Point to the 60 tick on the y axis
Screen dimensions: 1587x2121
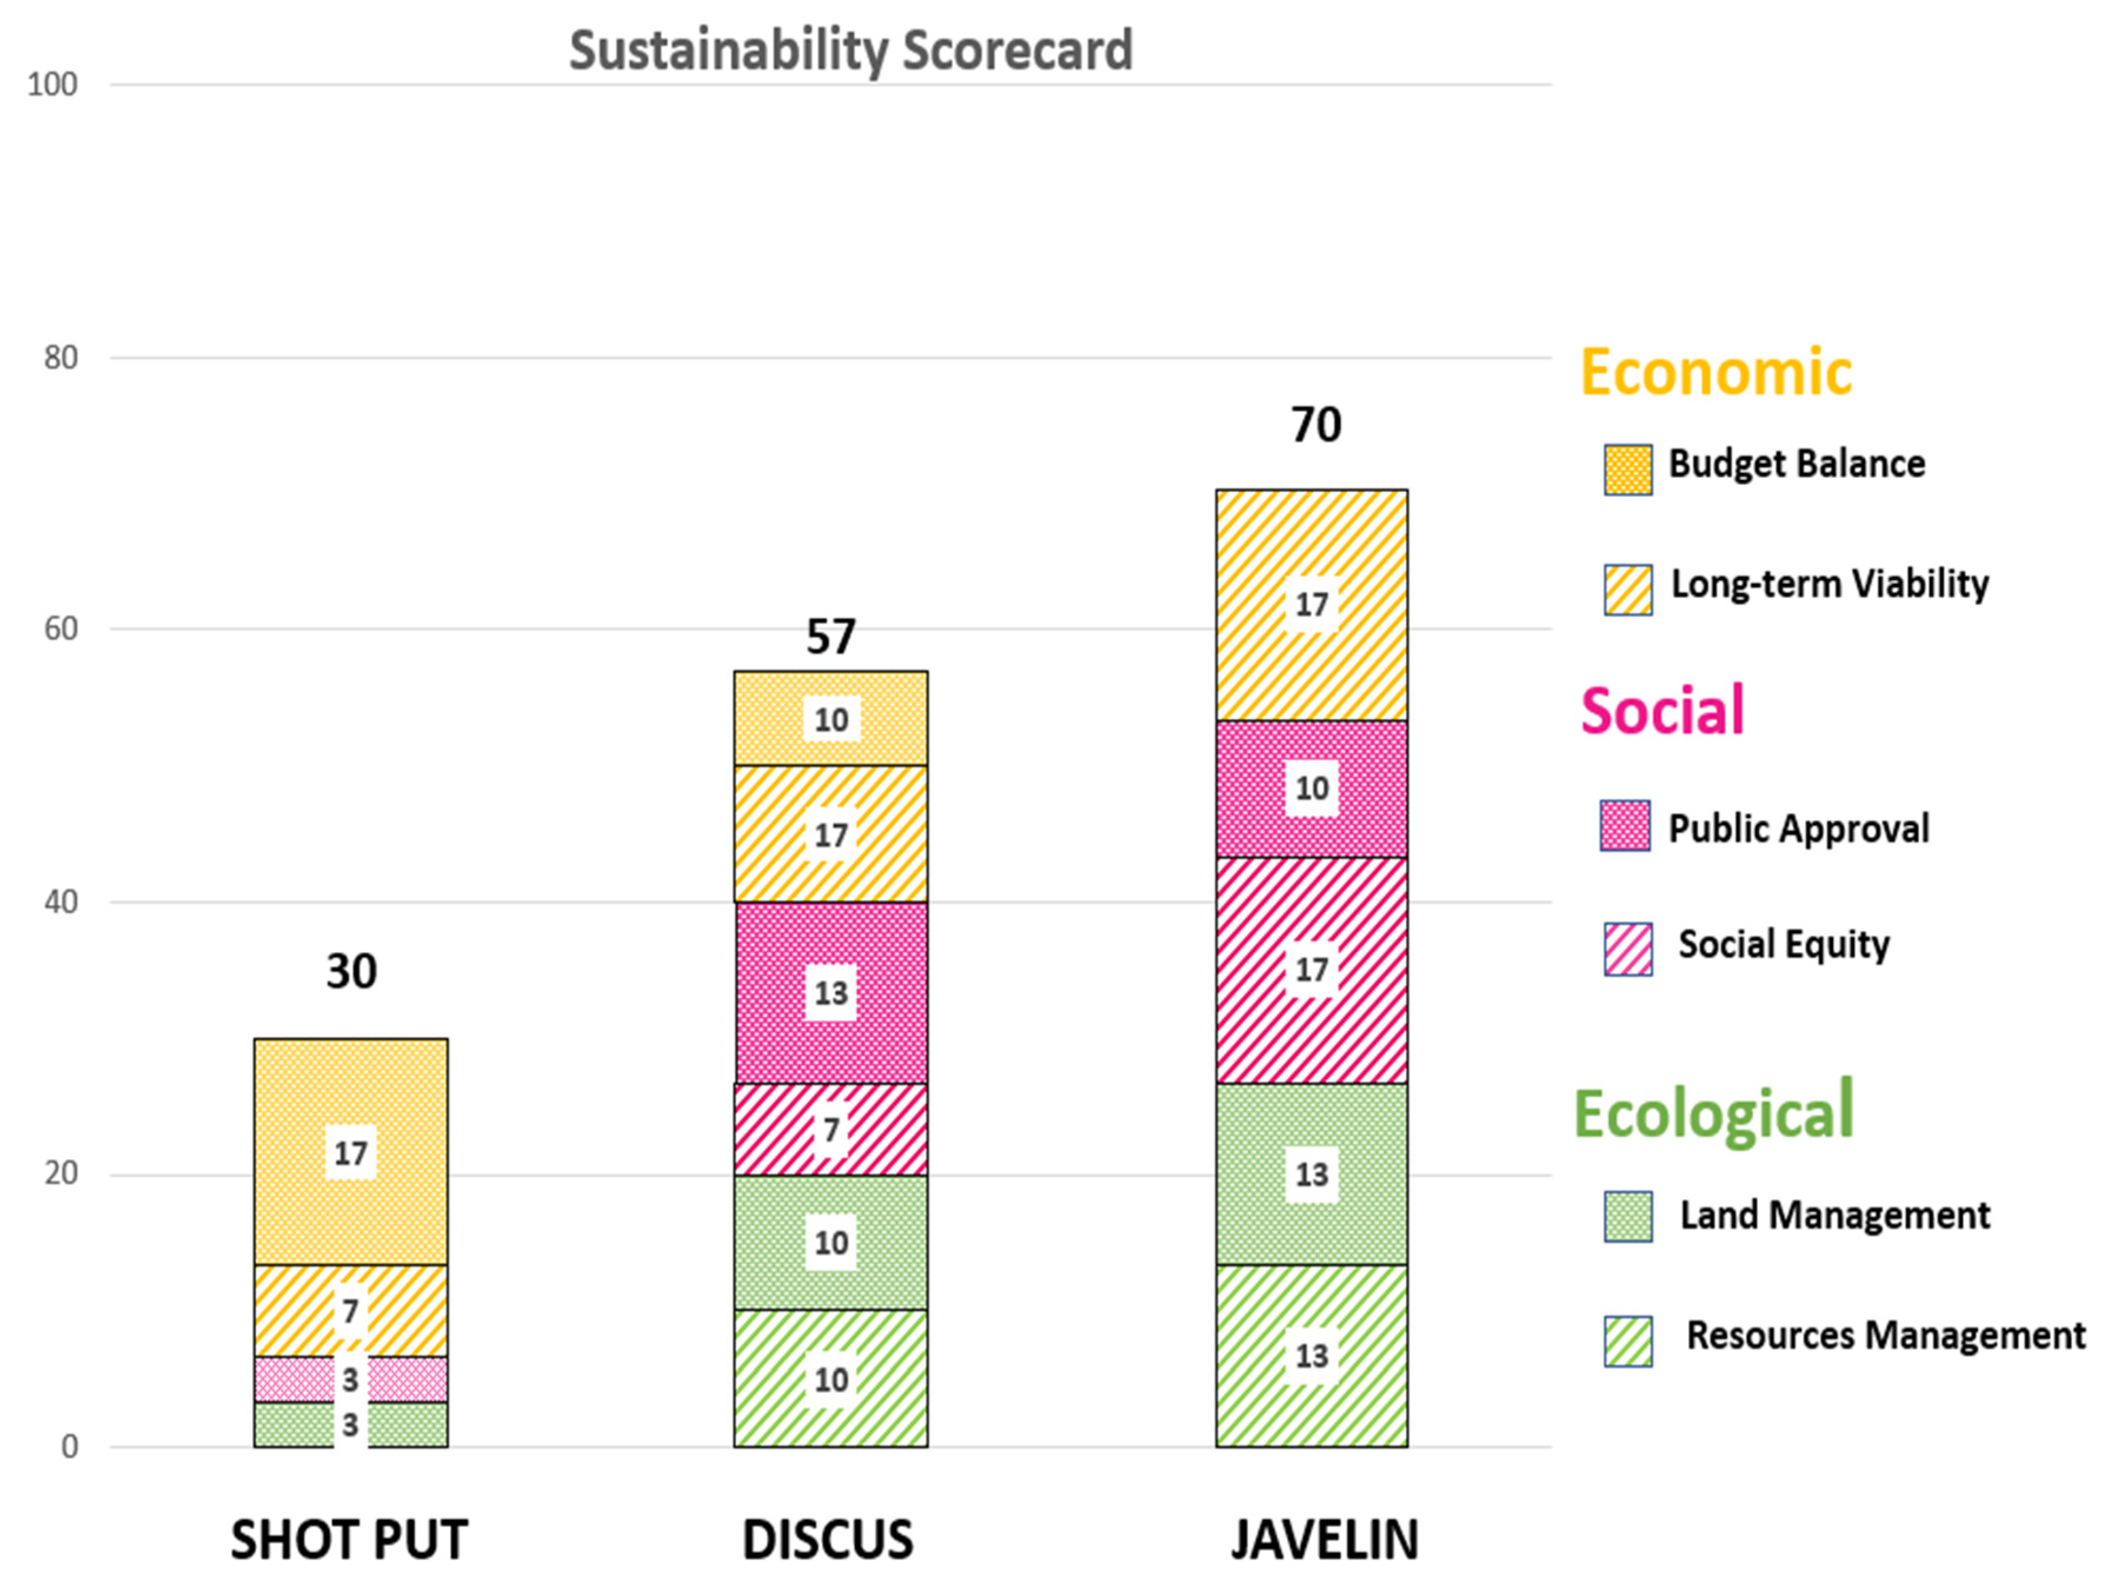61,629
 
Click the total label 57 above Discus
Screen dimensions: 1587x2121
830,637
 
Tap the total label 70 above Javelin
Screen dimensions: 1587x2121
1316,425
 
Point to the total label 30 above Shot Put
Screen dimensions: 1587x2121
351,972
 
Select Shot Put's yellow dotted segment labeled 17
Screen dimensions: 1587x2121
351,1152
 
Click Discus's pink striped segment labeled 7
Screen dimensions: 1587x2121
830,1130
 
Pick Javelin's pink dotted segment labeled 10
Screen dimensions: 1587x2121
1311,788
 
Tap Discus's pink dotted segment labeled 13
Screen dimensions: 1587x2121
830,993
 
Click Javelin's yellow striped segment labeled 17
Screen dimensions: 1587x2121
1311,605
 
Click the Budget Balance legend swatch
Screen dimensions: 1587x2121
1627,469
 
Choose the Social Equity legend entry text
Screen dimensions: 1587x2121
1783,944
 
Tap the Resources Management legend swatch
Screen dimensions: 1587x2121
1627,1340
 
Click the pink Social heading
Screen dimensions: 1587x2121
1661,711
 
